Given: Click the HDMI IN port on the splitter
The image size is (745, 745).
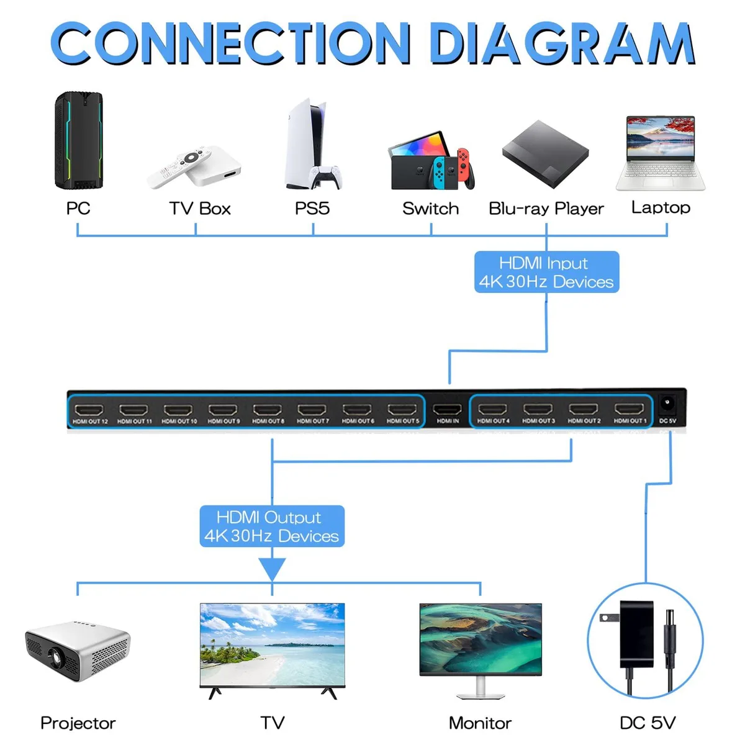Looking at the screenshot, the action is pyautogui.click(x=447, y=409).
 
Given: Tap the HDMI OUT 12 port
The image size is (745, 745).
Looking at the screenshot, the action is pyautogui.click(x=89, y=410).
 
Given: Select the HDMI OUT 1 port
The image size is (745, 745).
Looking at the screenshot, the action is pyautogui.click(x=629, y=409).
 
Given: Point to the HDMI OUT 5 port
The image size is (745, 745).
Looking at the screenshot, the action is pyautogui.click(x=402, y=409).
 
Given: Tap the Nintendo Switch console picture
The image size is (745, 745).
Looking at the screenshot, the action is pyautogui.click(x=431, y=161).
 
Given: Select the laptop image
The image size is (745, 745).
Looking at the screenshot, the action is pyautogui.click(x=661, y=153).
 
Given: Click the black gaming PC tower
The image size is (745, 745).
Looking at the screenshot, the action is pyautogui.click(x=79, y=140).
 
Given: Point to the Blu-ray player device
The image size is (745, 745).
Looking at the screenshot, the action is pyautogui.click(x=545, y=154).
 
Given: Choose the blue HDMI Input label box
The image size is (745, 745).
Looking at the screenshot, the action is pyautogui.click(x=546, y=272).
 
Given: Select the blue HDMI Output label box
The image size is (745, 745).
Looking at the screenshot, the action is pyautogui.click(x=272, y=526).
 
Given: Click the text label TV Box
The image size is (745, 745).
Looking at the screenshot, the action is pyautogui.click(x=200, y=209).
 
